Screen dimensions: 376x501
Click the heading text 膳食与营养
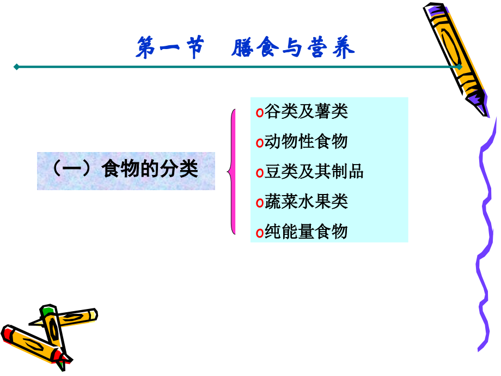pyautogui.click(x=293, y=48)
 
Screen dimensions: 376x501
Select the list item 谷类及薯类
pyautogui.click(x=306, y=112)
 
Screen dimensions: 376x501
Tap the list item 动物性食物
pyautogui.click(x=306, y=142)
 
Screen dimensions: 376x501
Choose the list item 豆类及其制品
pyautogui.click(x=314, y=172)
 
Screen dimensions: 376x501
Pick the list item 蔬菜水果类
pyautogui.click(x=306, y=202)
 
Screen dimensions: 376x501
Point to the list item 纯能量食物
pyautogui.click(x=306, y=232)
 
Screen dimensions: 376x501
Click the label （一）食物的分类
pyautogui.click(x=126, y=169)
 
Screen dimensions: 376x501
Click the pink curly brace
pyautogui.click(x=233, y=172)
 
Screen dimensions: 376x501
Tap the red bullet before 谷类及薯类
pyautogui.click(x=260, y=113)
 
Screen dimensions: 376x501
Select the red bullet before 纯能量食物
pyautogui.click(x=260, y=233)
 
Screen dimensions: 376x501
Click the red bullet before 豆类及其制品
pyautogui.click(x=260, y=173)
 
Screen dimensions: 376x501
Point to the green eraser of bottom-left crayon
pyautogui.click(x=48, y=312)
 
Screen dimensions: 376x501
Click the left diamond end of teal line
pyautogui.click(x=17, y=67)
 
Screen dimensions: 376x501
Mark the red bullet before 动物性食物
pyautogui.click(x=260, y=143)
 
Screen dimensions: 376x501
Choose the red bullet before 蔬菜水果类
pyautogui.click(x=260, y=203)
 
